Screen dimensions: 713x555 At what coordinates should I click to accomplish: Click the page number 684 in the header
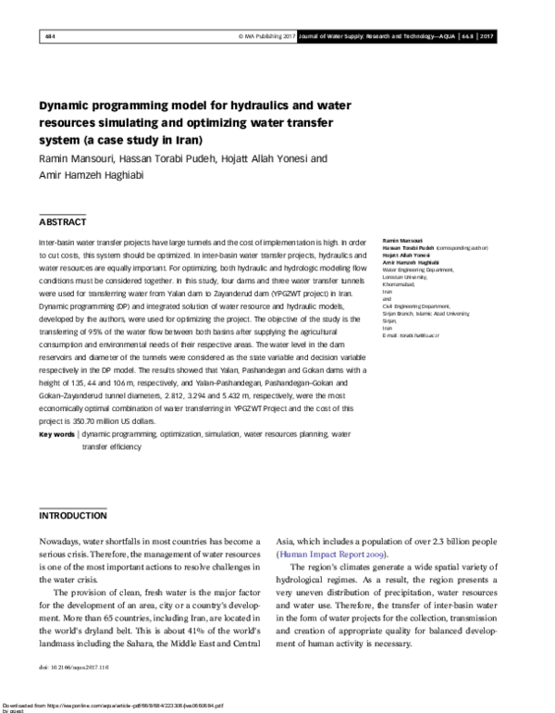pos(50,36)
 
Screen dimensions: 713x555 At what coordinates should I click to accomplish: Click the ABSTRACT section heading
pos(63,222)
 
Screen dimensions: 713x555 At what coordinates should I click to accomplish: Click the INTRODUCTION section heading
pos(72,515)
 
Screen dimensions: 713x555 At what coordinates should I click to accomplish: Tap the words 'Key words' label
pos(57,434)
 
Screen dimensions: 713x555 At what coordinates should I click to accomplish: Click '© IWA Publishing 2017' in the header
pos(265,36)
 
